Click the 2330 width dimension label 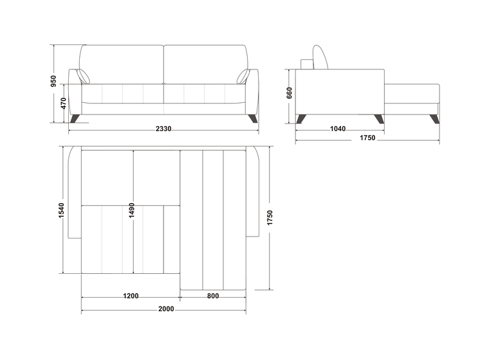pos(163,129)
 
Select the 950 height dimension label pos(53,81)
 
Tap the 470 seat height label pos(63,103)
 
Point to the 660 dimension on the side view pos(290,93)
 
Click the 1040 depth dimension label pos(338,129)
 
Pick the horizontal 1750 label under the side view pos(367,138)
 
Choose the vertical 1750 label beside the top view pos(270,217)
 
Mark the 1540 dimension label pos(61,210)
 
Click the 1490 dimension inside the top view pos(132,210)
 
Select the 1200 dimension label pos(131,296)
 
